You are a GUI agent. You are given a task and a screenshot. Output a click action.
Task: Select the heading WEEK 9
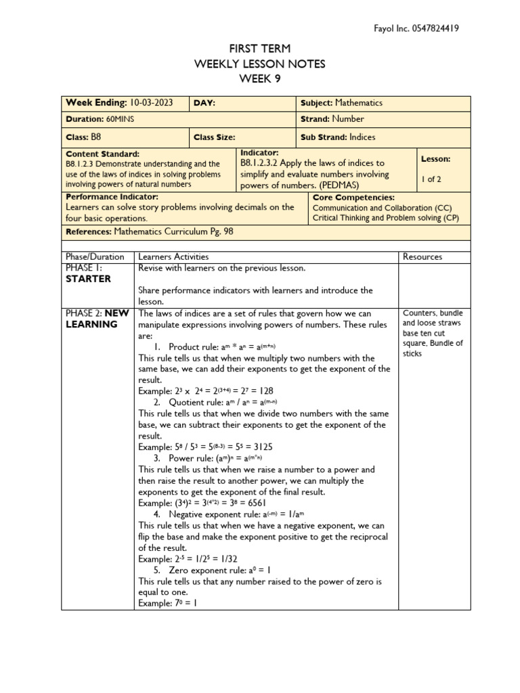coord(259,78)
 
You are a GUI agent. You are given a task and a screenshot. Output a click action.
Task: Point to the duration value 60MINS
coord(106,119)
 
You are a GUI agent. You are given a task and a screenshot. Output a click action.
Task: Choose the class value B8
coord(95,136)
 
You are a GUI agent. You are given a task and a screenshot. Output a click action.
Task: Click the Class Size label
coord(215,137)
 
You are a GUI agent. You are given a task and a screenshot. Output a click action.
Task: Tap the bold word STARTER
coord(88,279)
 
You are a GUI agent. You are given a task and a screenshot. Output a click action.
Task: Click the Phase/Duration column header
coord(95,257)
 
